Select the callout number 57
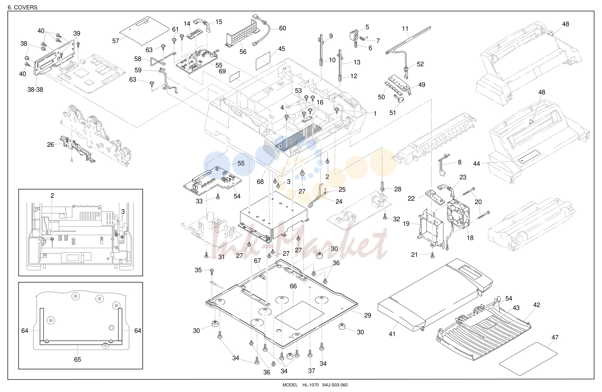[x=115, y=41]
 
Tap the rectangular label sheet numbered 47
[x=528, y=358]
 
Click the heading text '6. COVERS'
[x=22, y=7]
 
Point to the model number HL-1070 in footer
[x=311, y=385]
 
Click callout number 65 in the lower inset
[x=78, y=359]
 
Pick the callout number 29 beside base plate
[x=367, y=315]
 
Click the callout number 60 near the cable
[x=282, y=28]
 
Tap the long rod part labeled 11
[x=408, y=40]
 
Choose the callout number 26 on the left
[x=51, y=145]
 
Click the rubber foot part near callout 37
[x=290, y=356]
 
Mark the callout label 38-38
[x=35, y=90]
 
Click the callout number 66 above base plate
[x=293, y=286]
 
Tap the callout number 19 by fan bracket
[x=406, y=224]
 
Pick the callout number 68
[x=260, y=182]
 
